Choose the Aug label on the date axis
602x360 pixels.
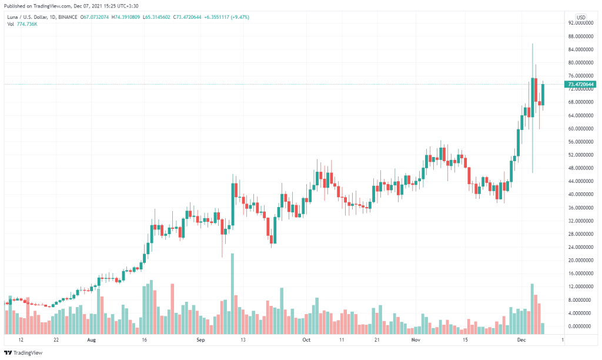pyautogui.click(x=91, y=340)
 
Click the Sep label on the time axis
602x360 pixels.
pyautogui.click(x=200, y=340)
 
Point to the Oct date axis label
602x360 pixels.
pyautogui.click(x=305, y=340)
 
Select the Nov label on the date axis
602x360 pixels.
pyautogui.click(x=416, y=340)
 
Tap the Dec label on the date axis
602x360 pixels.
pyautogui.click(x=521, y=340)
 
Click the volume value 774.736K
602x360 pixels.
pyautogui.click(x=28, y=24)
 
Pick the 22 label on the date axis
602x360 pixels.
pyautogui.click(x=55, y=340)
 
